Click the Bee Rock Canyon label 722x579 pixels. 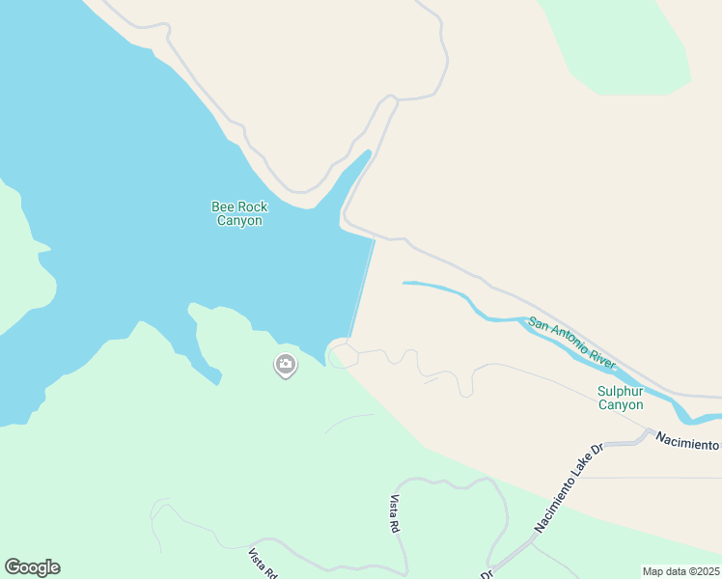(x=239, y=213)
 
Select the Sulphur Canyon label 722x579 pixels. (x=620, y=398)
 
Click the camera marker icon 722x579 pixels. (x=286, y=364)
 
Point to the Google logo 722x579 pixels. (x=32, y=567)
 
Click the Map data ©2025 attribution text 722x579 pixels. (x=680, y=571)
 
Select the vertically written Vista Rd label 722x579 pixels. (x=395, y=514)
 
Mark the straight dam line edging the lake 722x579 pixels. (x=362, y=289)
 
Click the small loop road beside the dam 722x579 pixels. (x=343, y=356)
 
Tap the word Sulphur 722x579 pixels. (x=620, y=391)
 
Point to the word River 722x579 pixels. (x=602, y=358)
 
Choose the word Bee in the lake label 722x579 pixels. (x=223, y=207)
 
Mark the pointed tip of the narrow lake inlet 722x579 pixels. (x=368, y=152)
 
